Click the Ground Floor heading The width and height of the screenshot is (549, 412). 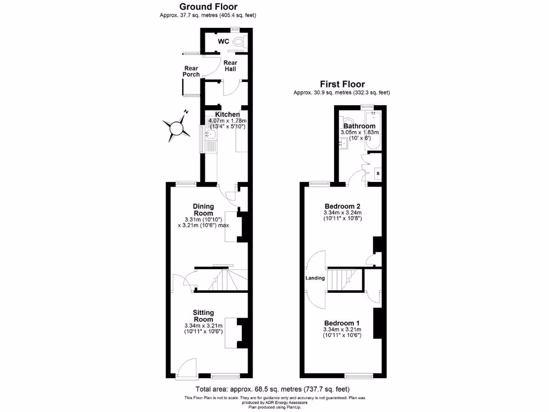[x=207, y=7]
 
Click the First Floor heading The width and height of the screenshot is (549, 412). [x=342, y=84]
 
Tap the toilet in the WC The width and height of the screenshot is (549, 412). [x=238, y=41]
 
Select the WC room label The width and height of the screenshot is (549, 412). [x=223, y=41]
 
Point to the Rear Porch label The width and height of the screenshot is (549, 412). [x=191, y=71]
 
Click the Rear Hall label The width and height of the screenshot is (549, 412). [x=231, y=66]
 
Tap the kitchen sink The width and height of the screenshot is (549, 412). [x=211, y=134]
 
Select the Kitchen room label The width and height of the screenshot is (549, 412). [x=227, y=114]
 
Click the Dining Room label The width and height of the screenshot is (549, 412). [x=203, y=210]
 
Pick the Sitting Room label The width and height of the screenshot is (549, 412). [x=203, y=316]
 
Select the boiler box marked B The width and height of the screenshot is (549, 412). [x=378, y=173]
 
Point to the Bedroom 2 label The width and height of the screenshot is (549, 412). [x=342, y=206]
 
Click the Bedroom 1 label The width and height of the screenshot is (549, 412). [x=342, y=322]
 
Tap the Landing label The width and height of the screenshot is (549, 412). [x=315, y=278]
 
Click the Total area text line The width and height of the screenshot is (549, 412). [x=274, y=389]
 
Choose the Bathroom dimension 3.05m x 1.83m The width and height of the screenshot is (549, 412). [x=359, y=133]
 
